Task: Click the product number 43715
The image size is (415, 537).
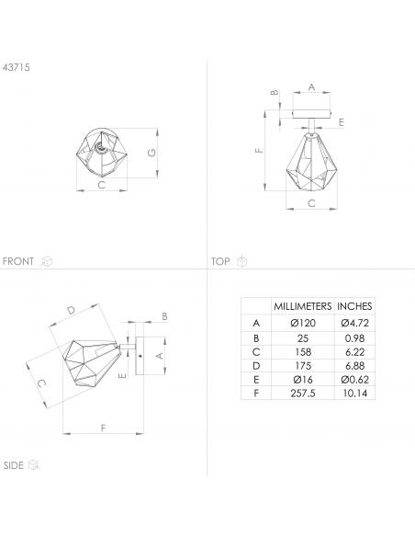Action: tap(16, 67)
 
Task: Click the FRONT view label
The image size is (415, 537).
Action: tap(17, 261)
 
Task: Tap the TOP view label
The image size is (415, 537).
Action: tap(220, 262)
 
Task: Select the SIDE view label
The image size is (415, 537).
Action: tap(14, 465)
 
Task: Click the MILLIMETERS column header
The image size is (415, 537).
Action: tap(303, 306)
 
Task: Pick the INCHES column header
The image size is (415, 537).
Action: tap(354, 306)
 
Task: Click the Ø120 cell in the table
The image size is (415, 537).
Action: tap(303, 323)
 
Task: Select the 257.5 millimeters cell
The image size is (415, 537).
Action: tap(303, 394)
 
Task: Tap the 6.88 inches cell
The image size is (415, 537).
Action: tap(354, 366)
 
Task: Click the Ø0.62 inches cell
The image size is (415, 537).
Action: tap(354, 380)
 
